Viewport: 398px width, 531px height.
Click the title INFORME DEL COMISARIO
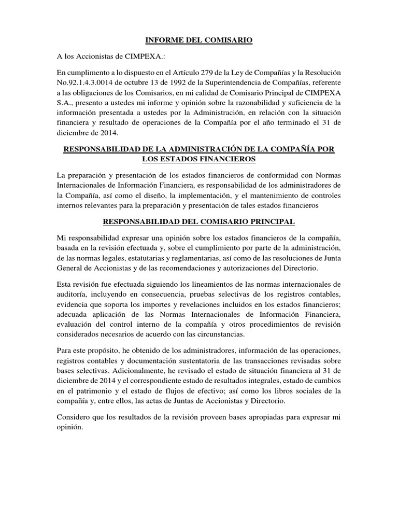pos(199,39)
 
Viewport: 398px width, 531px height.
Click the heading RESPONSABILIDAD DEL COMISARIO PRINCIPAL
pos(199,221)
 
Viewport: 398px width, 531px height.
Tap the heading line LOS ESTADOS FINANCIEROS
pos(199,158)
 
